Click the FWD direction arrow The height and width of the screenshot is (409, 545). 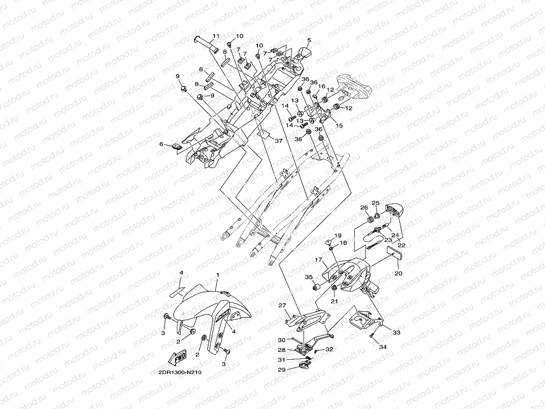(177, 357)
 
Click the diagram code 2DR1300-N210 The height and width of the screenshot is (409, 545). (180, 372)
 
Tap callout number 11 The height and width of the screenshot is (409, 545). (216, 36)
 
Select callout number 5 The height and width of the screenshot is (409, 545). (309, 40)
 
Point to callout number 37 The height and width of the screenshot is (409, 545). (279, 141)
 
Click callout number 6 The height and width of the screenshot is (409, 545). (161, 144)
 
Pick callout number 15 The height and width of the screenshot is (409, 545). (339, 125)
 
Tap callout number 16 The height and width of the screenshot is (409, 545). (322, 86)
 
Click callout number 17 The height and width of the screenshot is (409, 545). (318, 260)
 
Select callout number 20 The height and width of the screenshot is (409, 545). (399, 273)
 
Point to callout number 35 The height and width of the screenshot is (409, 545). (309, 277)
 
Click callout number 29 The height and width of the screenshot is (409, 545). (282, 370)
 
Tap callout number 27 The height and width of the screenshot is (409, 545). (282, 305)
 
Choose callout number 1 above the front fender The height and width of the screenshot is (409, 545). (218, 275)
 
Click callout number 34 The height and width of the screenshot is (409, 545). (383, 347)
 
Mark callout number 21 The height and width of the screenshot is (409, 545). (335, 301)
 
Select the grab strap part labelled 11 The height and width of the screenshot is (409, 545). (206, 44)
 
